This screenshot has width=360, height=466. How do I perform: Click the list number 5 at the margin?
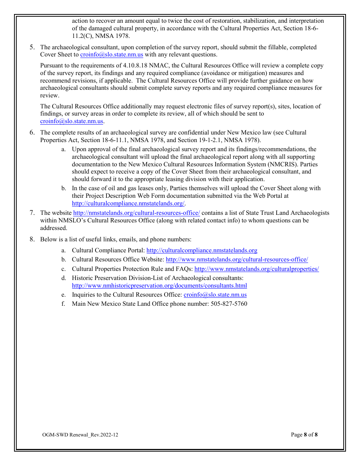32,47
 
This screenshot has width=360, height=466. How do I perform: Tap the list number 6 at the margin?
32,133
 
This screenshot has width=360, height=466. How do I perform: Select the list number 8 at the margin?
32,239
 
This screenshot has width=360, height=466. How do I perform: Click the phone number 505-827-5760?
229,304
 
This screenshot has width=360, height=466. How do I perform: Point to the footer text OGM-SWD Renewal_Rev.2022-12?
80,435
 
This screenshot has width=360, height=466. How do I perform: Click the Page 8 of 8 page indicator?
304,435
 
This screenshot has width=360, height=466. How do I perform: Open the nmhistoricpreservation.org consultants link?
159,286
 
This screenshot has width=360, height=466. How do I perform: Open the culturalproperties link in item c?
257,269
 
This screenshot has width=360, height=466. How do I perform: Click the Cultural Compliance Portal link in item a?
202,250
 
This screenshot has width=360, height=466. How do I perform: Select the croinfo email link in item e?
215,295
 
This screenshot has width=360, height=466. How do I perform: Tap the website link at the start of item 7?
136,213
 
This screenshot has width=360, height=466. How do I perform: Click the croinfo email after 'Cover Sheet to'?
111,55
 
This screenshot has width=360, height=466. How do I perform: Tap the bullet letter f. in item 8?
63,304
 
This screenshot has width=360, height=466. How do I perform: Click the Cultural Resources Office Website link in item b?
237,260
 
